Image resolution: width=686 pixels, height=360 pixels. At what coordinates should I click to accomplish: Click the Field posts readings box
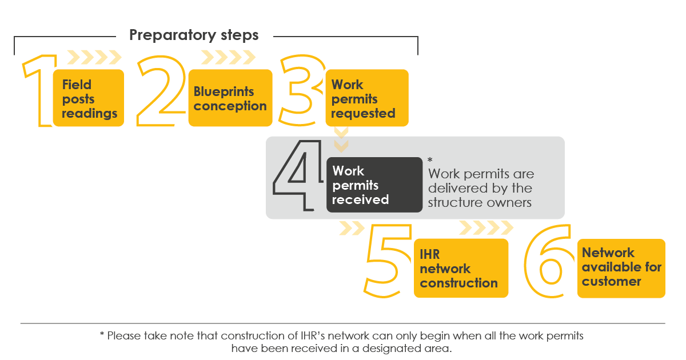click(89, 98)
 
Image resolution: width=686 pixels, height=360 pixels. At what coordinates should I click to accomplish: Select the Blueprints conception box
click(230, 98)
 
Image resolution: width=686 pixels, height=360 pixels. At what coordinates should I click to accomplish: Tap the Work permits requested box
click(367, 98)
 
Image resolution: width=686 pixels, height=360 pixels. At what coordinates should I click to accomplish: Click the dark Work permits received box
click(374, 185)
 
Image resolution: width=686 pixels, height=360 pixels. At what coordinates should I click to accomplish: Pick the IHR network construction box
click(461, 268)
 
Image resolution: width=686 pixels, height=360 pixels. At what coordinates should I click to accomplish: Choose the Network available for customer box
click(621, 268)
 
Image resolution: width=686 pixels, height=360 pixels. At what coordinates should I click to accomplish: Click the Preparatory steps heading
click(194, 35)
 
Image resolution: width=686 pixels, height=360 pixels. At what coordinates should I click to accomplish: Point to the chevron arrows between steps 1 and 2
click(94, 57)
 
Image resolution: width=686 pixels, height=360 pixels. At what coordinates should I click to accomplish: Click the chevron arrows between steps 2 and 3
click(228, 57)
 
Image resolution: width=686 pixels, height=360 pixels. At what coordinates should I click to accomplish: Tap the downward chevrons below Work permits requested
click(341, 140)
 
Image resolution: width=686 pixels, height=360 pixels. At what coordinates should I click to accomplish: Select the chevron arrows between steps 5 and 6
click(486, 228)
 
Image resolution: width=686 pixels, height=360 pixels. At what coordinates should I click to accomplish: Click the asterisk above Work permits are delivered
click(430, 160)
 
